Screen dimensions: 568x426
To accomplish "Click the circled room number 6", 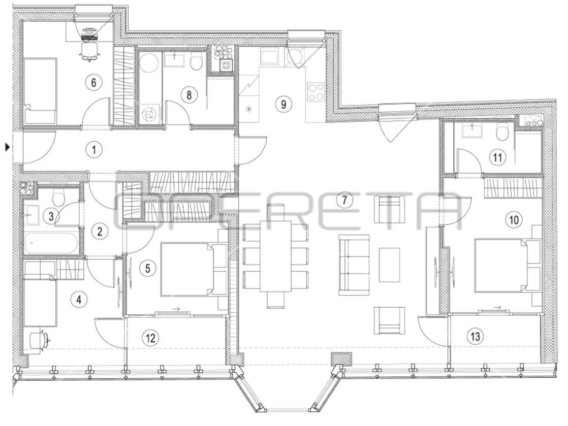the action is (x=93, y=83).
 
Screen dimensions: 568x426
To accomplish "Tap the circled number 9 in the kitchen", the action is (x=283, y=104).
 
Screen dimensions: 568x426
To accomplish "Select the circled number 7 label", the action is (x=344, y=200).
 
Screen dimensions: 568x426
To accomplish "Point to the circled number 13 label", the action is (x=475, y=337).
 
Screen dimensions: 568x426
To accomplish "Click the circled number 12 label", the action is (x=151, y=338).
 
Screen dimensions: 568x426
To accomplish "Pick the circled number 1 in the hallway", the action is (x=94, y=149).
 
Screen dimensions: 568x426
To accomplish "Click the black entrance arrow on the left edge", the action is (x=7, y=147).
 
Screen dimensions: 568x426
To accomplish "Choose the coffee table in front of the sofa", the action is (x=389, y=265).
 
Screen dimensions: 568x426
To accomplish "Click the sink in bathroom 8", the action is (x=175, y=59).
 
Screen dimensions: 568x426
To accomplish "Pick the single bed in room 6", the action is (x=40, y=91).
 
